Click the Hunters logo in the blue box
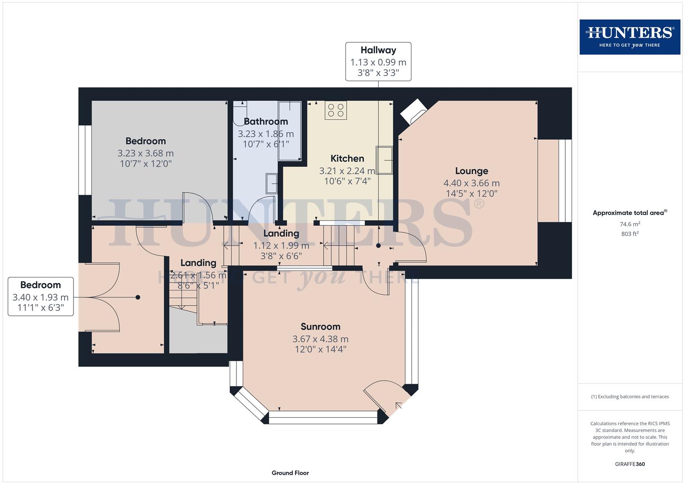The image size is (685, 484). [x=629, y=37]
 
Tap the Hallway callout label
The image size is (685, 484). [x=378, y=61]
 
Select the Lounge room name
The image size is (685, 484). [x=471, y=171]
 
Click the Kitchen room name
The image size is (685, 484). [x=347, y=158]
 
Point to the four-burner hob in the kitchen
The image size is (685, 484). [x=336, y=110]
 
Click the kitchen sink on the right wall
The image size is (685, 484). [x=384, y=160]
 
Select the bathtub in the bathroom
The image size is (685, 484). [x=289, y=131]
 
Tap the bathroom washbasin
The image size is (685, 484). [x=271, y=183]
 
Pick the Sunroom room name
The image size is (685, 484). [x=320, y=327]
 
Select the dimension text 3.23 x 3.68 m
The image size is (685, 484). [x=145, y=153]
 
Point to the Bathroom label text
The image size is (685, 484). [x=266, y=121]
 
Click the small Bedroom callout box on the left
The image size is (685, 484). [x=40, y=296]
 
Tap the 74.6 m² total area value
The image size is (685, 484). [x=630, y=224]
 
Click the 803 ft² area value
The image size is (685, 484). [x=630, y=234]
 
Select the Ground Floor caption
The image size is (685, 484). [x=290, y=473]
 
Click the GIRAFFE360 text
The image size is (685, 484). [x=630, y=464]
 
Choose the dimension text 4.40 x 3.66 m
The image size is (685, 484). [x=471, y=183]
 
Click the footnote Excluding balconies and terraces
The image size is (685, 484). [x=630, y=397]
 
